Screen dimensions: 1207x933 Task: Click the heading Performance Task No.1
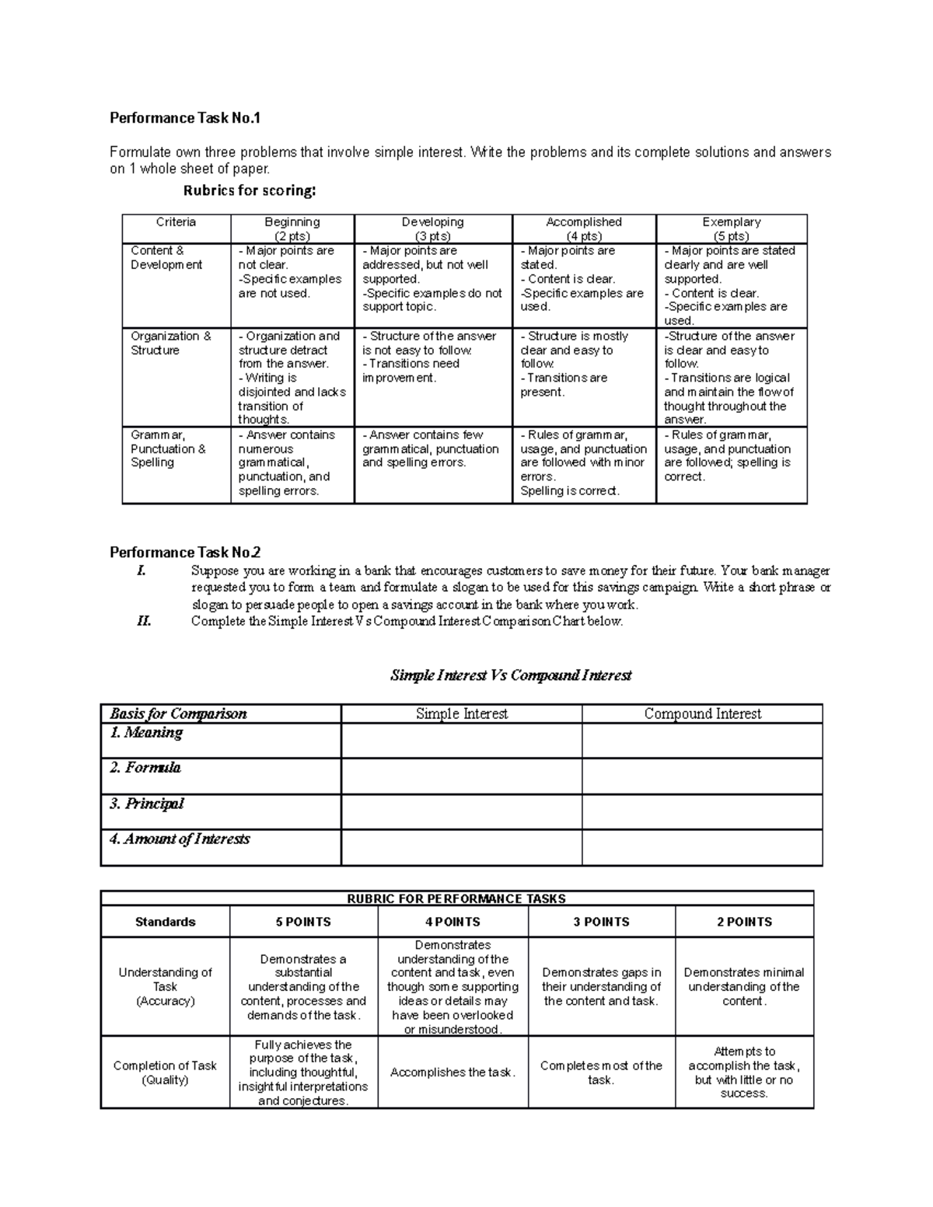click(185, 118)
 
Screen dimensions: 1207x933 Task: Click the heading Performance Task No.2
click(185, 553)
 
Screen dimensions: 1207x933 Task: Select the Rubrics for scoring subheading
click(250, 190)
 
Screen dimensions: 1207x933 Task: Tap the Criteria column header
click(176, 222)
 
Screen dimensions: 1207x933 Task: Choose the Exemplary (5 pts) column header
click(731, 229)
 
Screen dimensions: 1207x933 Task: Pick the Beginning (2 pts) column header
click(292, 229)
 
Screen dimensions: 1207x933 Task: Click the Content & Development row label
click(166, 258)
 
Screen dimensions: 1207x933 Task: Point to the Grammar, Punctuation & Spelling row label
click(168, 449)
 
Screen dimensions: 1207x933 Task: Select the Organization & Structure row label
click(170, 344)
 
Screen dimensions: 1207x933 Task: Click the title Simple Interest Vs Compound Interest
click(511, 675)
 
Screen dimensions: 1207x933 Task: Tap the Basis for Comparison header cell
click(178, 713)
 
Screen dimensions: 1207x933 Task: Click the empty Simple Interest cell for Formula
click(461, 776)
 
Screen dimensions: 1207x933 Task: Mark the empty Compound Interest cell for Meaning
click(701, 741)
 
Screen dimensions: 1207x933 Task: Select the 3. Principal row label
click(147, 804)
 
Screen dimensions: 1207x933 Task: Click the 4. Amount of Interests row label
click(180, 839)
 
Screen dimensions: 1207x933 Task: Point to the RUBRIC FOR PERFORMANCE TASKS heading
click(456, 898)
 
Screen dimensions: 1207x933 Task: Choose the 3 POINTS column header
click(601, 922)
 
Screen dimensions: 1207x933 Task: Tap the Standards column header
click(165, 922)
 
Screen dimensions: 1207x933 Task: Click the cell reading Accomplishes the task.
click(453, 1073)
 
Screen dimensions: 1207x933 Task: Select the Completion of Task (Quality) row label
click(165, 1073)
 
